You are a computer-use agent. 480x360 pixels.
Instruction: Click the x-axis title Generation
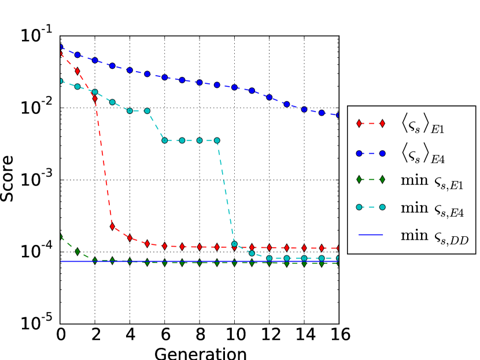(200, 352)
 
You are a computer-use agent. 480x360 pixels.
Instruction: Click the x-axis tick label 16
(338, 335)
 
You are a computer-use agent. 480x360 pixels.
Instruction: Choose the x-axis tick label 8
(200, 335)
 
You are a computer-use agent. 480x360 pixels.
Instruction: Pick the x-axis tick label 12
(269, 335)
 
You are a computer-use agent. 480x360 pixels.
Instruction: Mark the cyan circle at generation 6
(164, 140)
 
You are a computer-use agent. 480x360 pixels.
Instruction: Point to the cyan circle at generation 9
(217, 140)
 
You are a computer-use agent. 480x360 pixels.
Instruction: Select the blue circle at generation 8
(200, 83)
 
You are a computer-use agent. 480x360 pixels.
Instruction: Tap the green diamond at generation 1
(77, 251)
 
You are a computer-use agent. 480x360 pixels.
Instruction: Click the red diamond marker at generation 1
(77, 71)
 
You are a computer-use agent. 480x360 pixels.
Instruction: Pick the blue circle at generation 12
(269, 97)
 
